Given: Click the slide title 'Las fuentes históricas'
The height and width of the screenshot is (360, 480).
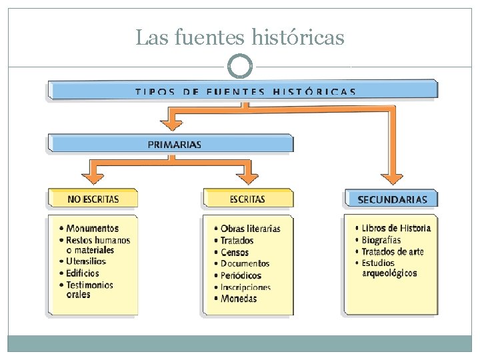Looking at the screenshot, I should pyautogui.click(x=240, y=37).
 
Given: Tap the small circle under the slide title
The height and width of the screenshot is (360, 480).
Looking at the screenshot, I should pyautogui.click(x=240, y=66).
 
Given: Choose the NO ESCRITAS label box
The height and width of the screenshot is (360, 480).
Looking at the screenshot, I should pyautogui.click(x=93, y=199).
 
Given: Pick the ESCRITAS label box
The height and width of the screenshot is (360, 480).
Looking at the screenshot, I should pyautogui.click(x=247, y=199).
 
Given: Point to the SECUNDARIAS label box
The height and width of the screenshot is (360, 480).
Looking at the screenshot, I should pyautogui.click(x=392, y=199).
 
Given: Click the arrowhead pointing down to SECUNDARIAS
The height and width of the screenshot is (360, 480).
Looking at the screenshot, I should pyautogui.click(x=392, y=178).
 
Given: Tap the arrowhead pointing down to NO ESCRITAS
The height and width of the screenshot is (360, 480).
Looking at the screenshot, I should pyautogui.click(x=94, y=177).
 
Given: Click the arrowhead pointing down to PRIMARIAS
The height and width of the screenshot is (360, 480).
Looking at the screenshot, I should pyautogui.click(x=174, y=123).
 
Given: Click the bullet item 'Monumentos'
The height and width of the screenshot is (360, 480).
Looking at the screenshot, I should pyautogui.click(x=92, y=228).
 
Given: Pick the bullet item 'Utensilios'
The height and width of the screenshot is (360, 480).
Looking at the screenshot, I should pyautogui.click(x=86, y=261).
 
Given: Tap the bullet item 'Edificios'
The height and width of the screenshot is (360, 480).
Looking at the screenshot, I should pyautogui.click(x=83, y=273).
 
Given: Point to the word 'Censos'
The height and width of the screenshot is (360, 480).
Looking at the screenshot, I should pyautogui.click(x=235, y=252).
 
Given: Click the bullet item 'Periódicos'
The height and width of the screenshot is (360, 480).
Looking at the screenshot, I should pyautogui.click(x=241, y=275).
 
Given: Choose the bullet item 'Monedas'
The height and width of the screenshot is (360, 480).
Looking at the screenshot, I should pyautogui.click(x=239, y=299).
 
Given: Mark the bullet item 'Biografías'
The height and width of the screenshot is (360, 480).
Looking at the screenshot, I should pyautogui.click(x=381, y=240).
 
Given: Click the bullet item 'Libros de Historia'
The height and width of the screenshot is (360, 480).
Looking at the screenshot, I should pyautogui.click(x=396, y=228).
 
